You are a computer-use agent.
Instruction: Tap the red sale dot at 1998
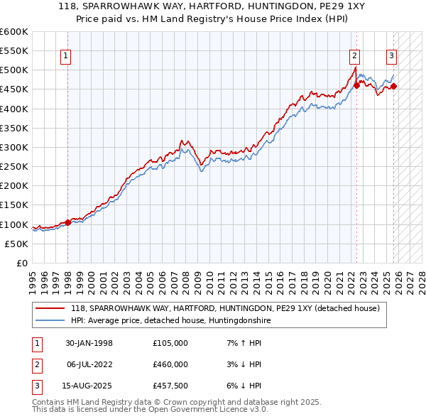(x=67, y=222)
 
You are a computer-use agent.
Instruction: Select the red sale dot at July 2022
(x=356, y=85)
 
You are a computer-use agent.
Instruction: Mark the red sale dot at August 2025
(x=394, y=87)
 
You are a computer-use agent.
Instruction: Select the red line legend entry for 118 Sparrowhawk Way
(x=226, y=308)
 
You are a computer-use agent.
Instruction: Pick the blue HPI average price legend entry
(x=170, y=320)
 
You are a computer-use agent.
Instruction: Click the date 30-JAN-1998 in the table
(x=89, y=343)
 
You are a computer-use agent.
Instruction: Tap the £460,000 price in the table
(x=170, y=364)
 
